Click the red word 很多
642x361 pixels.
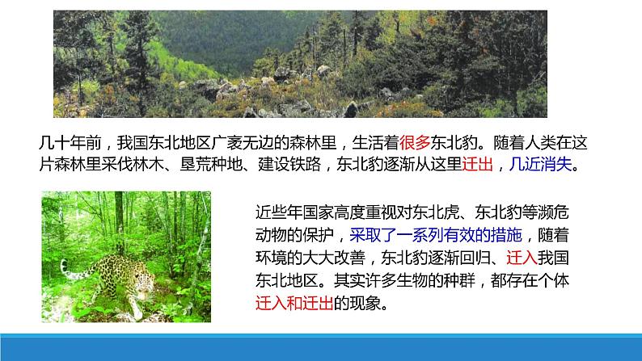[415, 143]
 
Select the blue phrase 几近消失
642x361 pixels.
[540, 165]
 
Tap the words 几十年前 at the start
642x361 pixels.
[70, 143]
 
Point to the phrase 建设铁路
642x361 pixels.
[289, 165]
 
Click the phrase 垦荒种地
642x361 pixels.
[211, 165]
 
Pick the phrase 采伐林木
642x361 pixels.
[133, 165]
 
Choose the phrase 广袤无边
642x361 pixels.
[243, 143]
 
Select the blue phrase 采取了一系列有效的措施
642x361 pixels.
[436, 235]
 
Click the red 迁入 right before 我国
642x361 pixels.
[522, 258]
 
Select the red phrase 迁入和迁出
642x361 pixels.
[294, 304]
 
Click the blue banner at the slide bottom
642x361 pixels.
[321, 347]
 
